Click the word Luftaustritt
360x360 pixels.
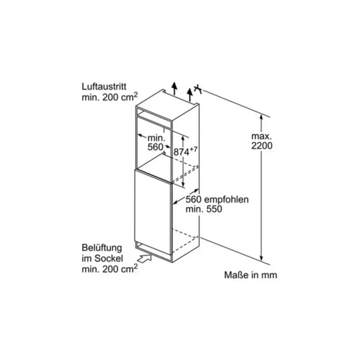[104, 87]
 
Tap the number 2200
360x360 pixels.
[262, 146]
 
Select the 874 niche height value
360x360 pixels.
[181, 152]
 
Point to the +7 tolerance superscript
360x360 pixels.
[193, 149]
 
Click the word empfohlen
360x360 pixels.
[226, 200]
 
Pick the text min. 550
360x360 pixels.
[204, 209]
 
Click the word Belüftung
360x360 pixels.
[102, 248]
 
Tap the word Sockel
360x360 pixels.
[109, 259]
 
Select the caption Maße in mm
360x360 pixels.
[250, 275]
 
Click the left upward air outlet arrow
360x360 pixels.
[175, 88]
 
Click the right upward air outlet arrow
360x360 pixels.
[190, 95]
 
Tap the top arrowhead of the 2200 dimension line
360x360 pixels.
[261, 116]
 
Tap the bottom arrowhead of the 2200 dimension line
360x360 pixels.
[261, 259]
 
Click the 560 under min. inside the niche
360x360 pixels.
[155, 147]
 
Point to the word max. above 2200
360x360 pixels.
[262, 136]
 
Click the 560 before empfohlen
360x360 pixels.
[194, 200]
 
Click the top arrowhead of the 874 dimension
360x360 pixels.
[183, 137]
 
